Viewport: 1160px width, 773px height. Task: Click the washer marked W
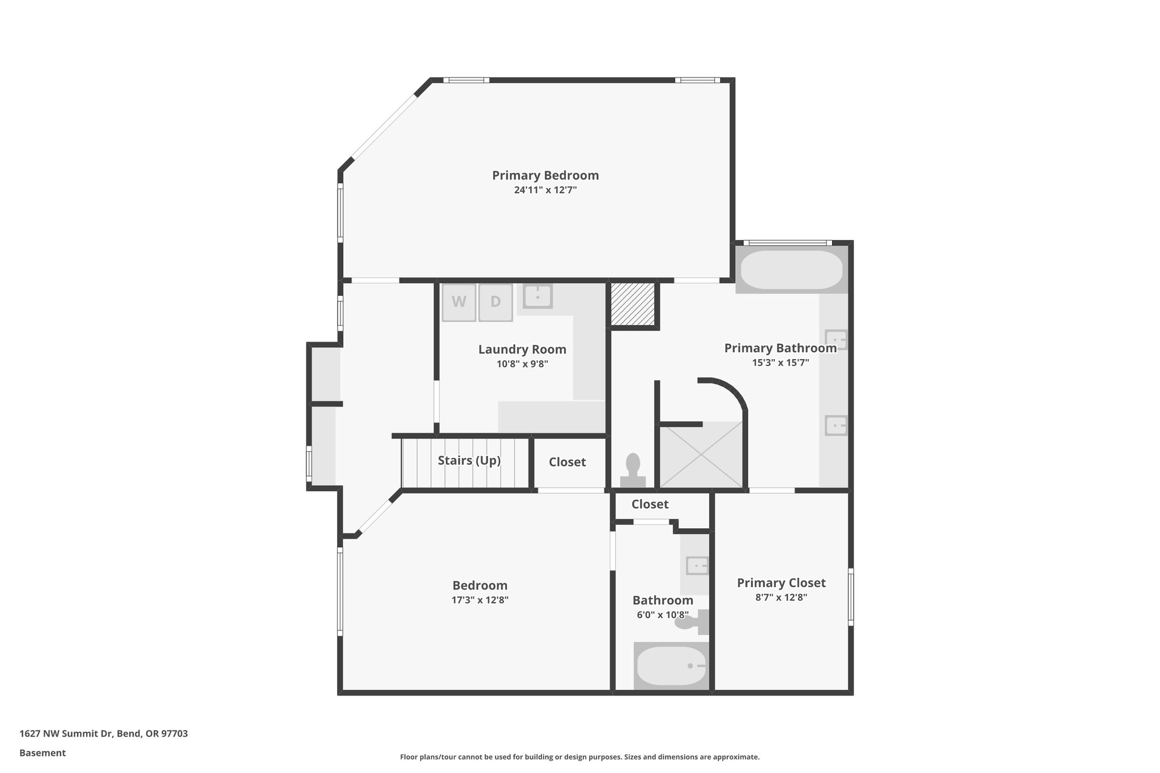point(459,302)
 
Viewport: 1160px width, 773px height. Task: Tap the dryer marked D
point(496,302)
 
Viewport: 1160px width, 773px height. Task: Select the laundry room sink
point(537,296)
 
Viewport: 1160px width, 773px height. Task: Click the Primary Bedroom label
point(545,176)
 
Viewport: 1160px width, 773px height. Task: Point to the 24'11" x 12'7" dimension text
point(545,190)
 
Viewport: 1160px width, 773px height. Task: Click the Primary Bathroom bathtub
point(791,270)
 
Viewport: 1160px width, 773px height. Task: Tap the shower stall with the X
point(701,454)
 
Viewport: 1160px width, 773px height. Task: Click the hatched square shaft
point(633,304)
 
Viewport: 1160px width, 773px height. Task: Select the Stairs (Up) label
point(469,460)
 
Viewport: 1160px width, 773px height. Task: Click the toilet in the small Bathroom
point(692,622)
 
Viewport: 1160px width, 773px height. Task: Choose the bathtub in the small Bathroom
point(671,666)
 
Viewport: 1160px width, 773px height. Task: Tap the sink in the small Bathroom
point(697,565)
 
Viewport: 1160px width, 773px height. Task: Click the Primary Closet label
point(781,583)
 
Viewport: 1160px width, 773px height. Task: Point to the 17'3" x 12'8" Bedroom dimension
point(480,600)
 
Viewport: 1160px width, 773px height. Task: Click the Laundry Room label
point(522,349)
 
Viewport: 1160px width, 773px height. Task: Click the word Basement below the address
point(42,753)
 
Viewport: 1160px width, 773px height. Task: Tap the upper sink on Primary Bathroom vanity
point(836,340)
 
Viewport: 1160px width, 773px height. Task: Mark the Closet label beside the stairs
point(567,462)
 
